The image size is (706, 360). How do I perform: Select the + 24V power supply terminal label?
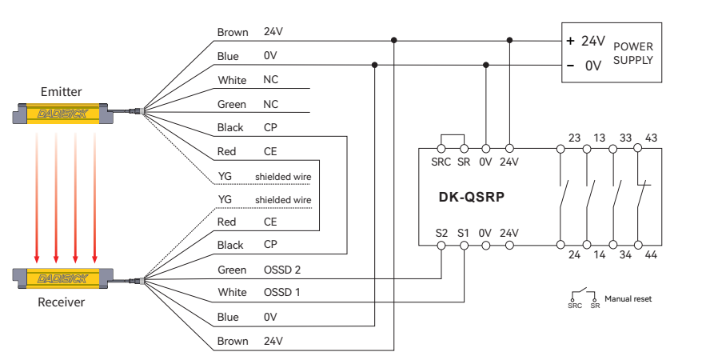pyautogui.click(x=585, y=41)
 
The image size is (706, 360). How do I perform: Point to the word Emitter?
pyautogui.click(x=62, y=91)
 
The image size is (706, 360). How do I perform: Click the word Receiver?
pyautogui.click(x=62, y=302)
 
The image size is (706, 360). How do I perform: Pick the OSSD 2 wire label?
pyautogui.click(x=281, y=269)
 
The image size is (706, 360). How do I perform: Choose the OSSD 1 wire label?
pyautogui.click(x=281, y=292)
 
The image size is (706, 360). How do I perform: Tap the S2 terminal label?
pyautogui.click(x=441, y=233)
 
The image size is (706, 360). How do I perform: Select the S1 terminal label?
pyautogui.click(x=463, y=233)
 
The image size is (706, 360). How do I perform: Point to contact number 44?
pyautogui.click(x=651, y=256)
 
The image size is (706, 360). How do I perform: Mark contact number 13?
pyautogui.click(x=600, y=138)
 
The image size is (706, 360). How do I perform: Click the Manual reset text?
pyautogui.click(x=628, y=298)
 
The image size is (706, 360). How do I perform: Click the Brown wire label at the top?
pyautogui.click(x=232, y=33)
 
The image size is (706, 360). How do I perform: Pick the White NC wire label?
pyautogui.click(x=232, y=81)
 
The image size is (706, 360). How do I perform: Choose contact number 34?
pyautogui.click(x=625, y=256)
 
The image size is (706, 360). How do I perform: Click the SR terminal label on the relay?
pyautogui.click(x=464, y=162)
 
